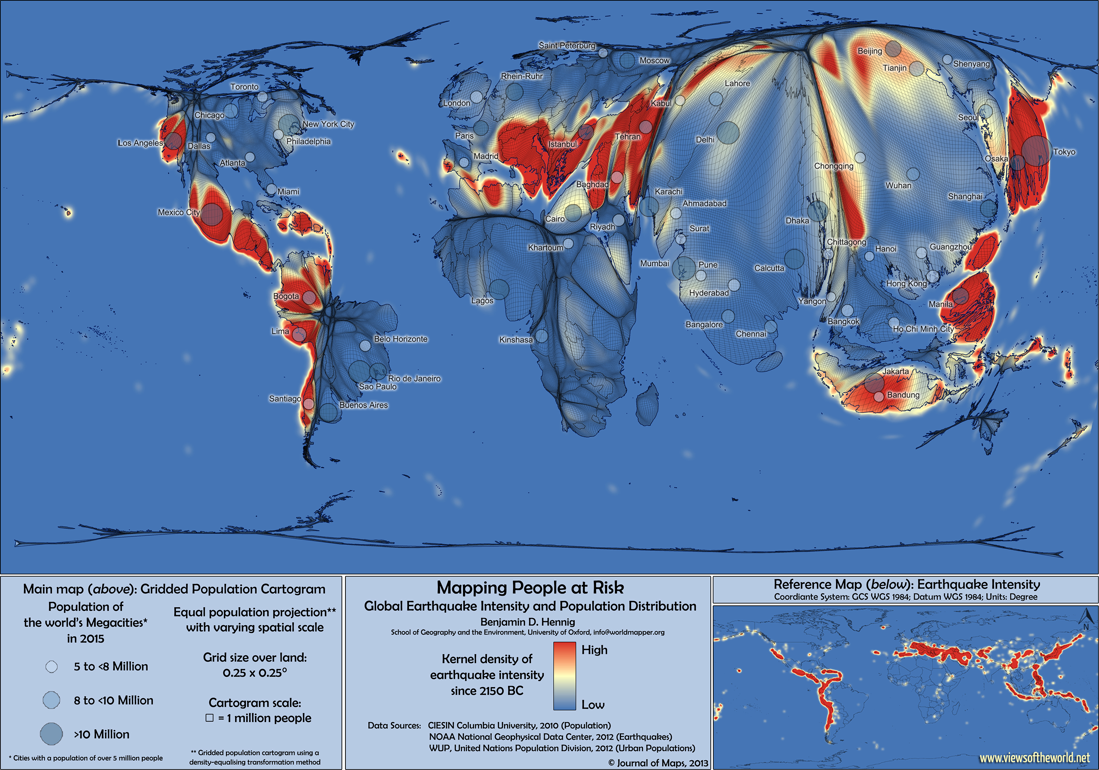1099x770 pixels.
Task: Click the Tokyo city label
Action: [x=1065, y=152]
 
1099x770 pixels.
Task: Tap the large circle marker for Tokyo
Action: [x=1037, y=150]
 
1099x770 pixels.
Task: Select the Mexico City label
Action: [x=178, y=212]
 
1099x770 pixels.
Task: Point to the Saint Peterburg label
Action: [x=567, y=45]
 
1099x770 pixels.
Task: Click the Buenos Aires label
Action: [x=363, y=405]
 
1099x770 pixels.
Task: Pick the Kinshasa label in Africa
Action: [x=515, y=339]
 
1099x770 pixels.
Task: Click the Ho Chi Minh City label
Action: [x=923, y=329]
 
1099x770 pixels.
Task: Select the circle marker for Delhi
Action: [x=728, y=133]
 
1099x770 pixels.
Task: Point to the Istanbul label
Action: [x=562, y=144]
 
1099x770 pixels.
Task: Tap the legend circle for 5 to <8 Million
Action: [x=52, y=667]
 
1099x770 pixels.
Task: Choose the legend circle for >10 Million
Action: [x=51, y=734]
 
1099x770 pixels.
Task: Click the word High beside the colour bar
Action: [x=594, y=650]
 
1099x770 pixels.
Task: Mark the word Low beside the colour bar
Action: [x=593, y=704]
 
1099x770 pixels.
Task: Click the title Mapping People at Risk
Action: [x=530, y=587]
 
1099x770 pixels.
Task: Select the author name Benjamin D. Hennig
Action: [x=528, y=622]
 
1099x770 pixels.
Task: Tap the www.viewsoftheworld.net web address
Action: [x=1035, y=757]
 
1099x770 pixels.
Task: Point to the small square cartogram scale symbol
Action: [x=209, y=718]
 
